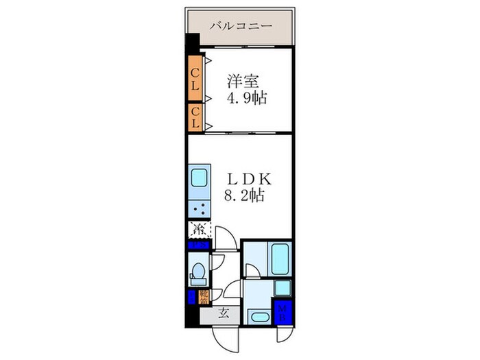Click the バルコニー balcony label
[240, 25]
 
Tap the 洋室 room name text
[243, 80]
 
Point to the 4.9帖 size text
[247, 97]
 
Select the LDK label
[250, 178]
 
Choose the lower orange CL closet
[195, 117]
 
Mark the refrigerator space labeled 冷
[200, 229]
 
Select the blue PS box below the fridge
[199, 245]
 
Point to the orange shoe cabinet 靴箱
[204, 296]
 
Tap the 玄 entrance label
[224, 314]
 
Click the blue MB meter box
[283, 312]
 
